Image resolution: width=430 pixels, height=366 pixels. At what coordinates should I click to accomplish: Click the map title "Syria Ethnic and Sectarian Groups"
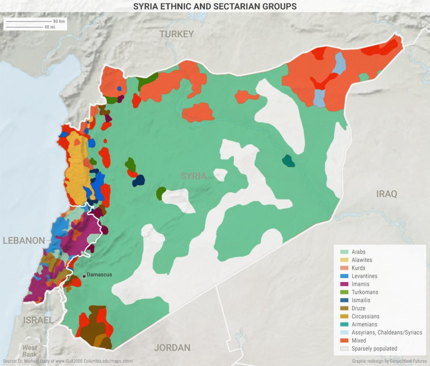point(215,6)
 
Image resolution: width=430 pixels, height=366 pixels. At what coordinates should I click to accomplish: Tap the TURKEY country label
point(177,34)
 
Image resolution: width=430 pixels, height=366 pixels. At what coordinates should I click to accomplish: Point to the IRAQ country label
point(386,194)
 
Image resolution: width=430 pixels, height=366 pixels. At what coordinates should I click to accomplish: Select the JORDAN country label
point(172,348)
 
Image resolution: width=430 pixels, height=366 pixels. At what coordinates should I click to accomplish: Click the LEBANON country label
point(24,241)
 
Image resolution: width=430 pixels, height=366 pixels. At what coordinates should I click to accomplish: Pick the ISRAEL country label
point(38,320)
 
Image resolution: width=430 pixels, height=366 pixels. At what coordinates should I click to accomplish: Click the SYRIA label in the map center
point(193,176)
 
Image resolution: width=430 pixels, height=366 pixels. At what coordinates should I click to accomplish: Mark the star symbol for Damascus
point(84,276)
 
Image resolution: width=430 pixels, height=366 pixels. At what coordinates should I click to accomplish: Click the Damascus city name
point(99,275)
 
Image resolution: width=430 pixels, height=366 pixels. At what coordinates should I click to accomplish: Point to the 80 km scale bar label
point(59,21)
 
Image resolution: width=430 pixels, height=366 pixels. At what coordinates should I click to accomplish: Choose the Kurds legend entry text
point(358,268)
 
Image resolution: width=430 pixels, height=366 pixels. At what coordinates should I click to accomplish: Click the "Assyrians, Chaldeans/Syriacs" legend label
point(387,332)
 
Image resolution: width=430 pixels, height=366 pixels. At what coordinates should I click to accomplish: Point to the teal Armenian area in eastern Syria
point(288,161)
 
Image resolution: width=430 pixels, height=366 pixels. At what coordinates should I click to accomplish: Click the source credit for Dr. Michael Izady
point(68,361)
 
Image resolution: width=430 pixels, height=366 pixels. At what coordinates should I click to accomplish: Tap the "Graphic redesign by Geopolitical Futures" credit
point(389,361)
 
